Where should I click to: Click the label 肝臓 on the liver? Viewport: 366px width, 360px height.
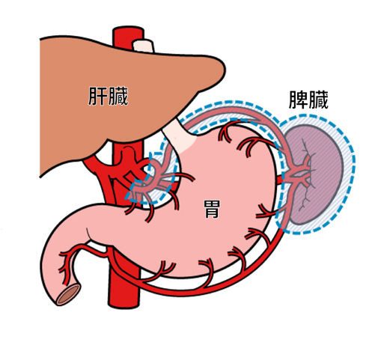108,96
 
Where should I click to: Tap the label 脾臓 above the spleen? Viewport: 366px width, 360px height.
308,100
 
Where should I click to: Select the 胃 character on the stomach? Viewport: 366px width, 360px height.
212,209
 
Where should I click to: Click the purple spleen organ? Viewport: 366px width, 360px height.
315,174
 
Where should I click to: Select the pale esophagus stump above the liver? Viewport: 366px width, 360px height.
143,46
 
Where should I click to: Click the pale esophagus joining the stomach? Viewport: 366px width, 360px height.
179,136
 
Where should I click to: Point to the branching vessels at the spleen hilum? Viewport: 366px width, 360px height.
299,174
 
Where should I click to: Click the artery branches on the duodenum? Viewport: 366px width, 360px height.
67,264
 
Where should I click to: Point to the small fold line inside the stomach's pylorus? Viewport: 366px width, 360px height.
89,234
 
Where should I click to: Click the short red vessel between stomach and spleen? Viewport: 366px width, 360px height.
279,179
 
